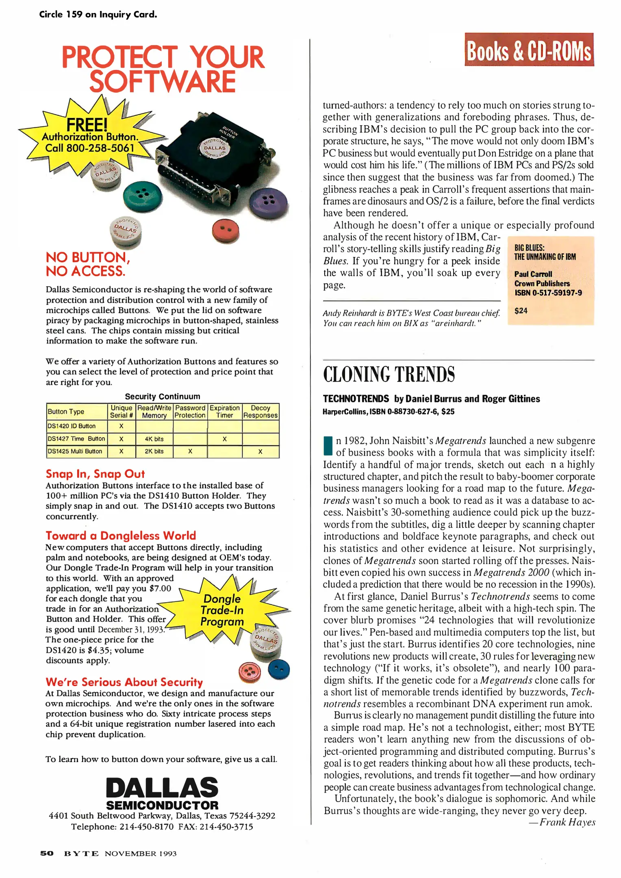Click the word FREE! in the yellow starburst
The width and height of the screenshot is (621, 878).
(87, 124)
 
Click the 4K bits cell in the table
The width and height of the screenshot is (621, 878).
(154, 439)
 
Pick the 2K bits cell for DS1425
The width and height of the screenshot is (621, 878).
(154, 452)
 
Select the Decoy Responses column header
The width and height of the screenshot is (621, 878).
(260, 411)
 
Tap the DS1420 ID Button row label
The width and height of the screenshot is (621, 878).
(72, 426)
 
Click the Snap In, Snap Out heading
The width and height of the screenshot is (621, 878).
(95, 474)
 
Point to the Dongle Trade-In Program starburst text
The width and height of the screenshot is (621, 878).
(222, 610)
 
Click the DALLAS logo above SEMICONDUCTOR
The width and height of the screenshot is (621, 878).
(162, 788)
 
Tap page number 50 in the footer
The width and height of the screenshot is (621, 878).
(47, 854)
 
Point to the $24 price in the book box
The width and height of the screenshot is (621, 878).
(521, 311)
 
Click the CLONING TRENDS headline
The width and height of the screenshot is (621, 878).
(389, 374)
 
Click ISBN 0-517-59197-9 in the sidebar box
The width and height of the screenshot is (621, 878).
(548, 293)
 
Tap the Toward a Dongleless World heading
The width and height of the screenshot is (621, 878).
(121, 536)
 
